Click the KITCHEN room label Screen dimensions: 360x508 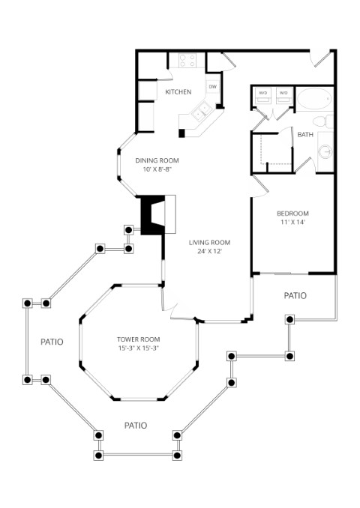[x=178, y=92]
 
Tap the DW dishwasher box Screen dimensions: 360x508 [x=213, y=86]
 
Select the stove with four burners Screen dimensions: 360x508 [x=187, y=60]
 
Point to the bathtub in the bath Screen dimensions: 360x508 [x=314, y=98]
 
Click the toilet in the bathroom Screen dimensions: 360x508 [x=323, y=121]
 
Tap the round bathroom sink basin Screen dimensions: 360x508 [x=325, y=151]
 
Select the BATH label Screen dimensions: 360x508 [x=305, y=134]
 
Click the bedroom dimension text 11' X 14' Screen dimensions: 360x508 [x=292, y=223]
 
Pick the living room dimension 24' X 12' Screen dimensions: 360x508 [x=209, y=251]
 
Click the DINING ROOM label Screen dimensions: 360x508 [x=157, y=160]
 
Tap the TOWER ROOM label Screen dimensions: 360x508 [x=139, y=339]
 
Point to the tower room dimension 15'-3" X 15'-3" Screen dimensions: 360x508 [x=139, y=348]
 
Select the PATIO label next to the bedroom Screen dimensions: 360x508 [x=295, y=295]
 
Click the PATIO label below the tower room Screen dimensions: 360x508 [x=136, y=426]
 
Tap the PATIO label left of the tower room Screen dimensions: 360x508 [x=52, y=342]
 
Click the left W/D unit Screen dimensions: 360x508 [x=262, y=96]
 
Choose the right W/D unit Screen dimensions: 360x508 [x=283, y=96]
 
